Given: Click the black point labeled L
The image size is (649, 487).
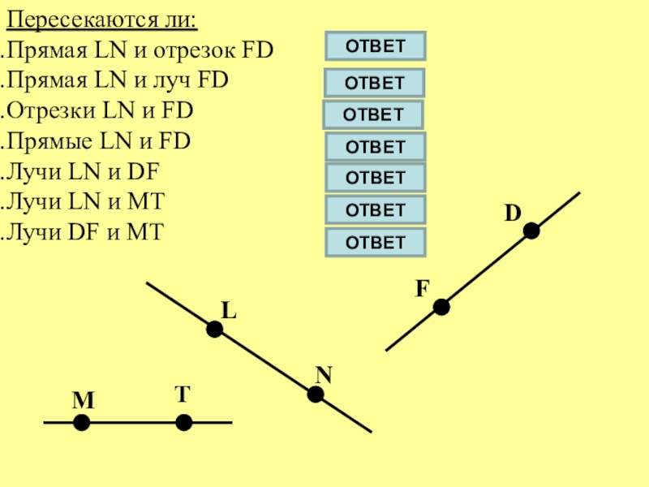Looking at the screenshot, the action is tap(214, 329).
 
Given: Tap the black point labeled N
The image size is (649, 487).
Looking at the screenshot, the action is tap(316, 394).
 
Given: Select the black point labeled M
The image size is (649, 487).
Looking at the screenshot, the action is tap(82, 423).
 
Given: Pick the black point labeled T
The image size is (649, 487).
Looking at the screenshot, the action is tap(184, 423).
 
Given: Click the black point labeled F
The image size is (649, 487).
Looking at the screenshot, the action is tap(441, 307).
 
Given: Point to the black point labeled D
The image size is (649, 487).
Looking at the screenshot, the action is tap(531, 231).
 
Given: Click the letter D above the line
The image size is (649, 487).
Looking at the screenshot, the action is tap(512, 213).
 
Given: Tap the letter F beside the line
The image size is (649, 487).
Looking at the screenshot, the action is tap(422, 288).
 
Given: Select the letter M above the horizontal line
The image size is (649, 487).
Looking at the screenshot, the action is tap(83, 402).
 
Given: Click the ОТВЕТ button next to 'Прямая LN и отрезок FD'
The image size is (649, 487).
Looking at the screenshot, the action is tap(376, 46).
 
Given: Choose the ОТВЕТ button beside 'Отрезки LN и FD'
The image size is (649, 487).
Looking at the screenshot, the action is tap(373, 114).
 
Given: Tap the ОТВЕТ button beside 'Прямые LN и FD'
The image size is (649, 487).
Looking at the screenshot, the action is tap(376, 147).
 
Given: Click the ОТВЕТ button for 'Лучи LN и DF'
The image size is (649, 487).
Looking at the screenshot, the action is tap(376, 177).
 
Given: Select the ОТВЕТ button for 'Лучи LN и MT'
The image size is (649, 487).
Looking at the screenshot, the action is tap(376, 209).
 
